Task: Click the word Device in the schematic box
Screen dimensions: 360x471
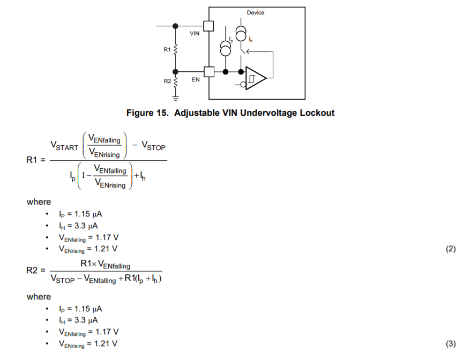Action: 255,12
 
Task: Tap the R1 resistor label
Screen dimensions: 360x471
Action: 167,49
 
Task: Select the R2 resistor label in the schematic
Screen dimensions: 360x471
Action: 167,81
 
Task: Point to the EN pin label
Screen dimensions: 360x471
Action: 196,79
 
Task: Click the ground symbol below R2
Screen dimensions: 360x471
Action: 176,98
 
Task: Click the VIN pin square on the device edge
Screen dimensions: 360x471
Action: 208,26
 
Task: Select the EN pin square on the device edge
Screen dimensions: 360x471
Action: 208,71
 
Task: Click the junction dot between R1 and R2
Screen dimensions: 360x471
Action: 176,71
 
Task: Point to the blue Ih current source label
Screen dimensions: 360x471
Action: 251,40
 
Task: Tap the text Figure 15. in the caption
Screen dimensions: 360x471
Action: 148,113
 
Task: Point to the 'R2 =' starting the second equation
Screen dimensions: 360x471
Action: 36,271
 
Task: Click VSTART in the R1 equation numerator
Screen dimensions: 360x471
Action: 64,146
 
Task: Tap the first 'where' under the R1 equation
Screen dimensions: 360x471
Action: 39,202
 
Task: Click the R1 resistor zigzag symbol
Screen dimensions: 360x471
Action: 176,49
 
